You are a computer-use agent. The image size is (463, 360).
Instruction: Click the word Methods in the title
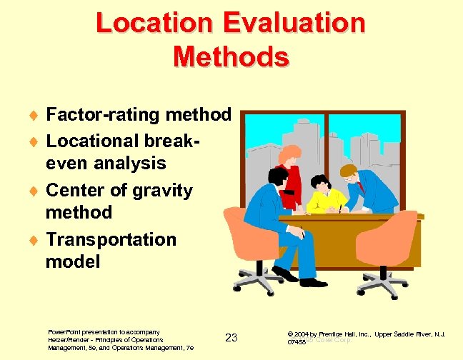click(231, 56)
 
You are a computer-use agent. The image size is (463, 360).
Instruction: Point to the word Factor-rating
click(103, 114)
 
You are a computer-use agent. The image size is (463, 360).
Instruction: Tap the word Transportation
click(110, 239)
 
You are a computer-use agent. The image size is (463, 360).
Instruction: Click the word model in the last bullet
click(73, 261)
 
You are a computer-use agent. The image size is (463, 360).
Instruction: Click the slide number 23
click(231, 337)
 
